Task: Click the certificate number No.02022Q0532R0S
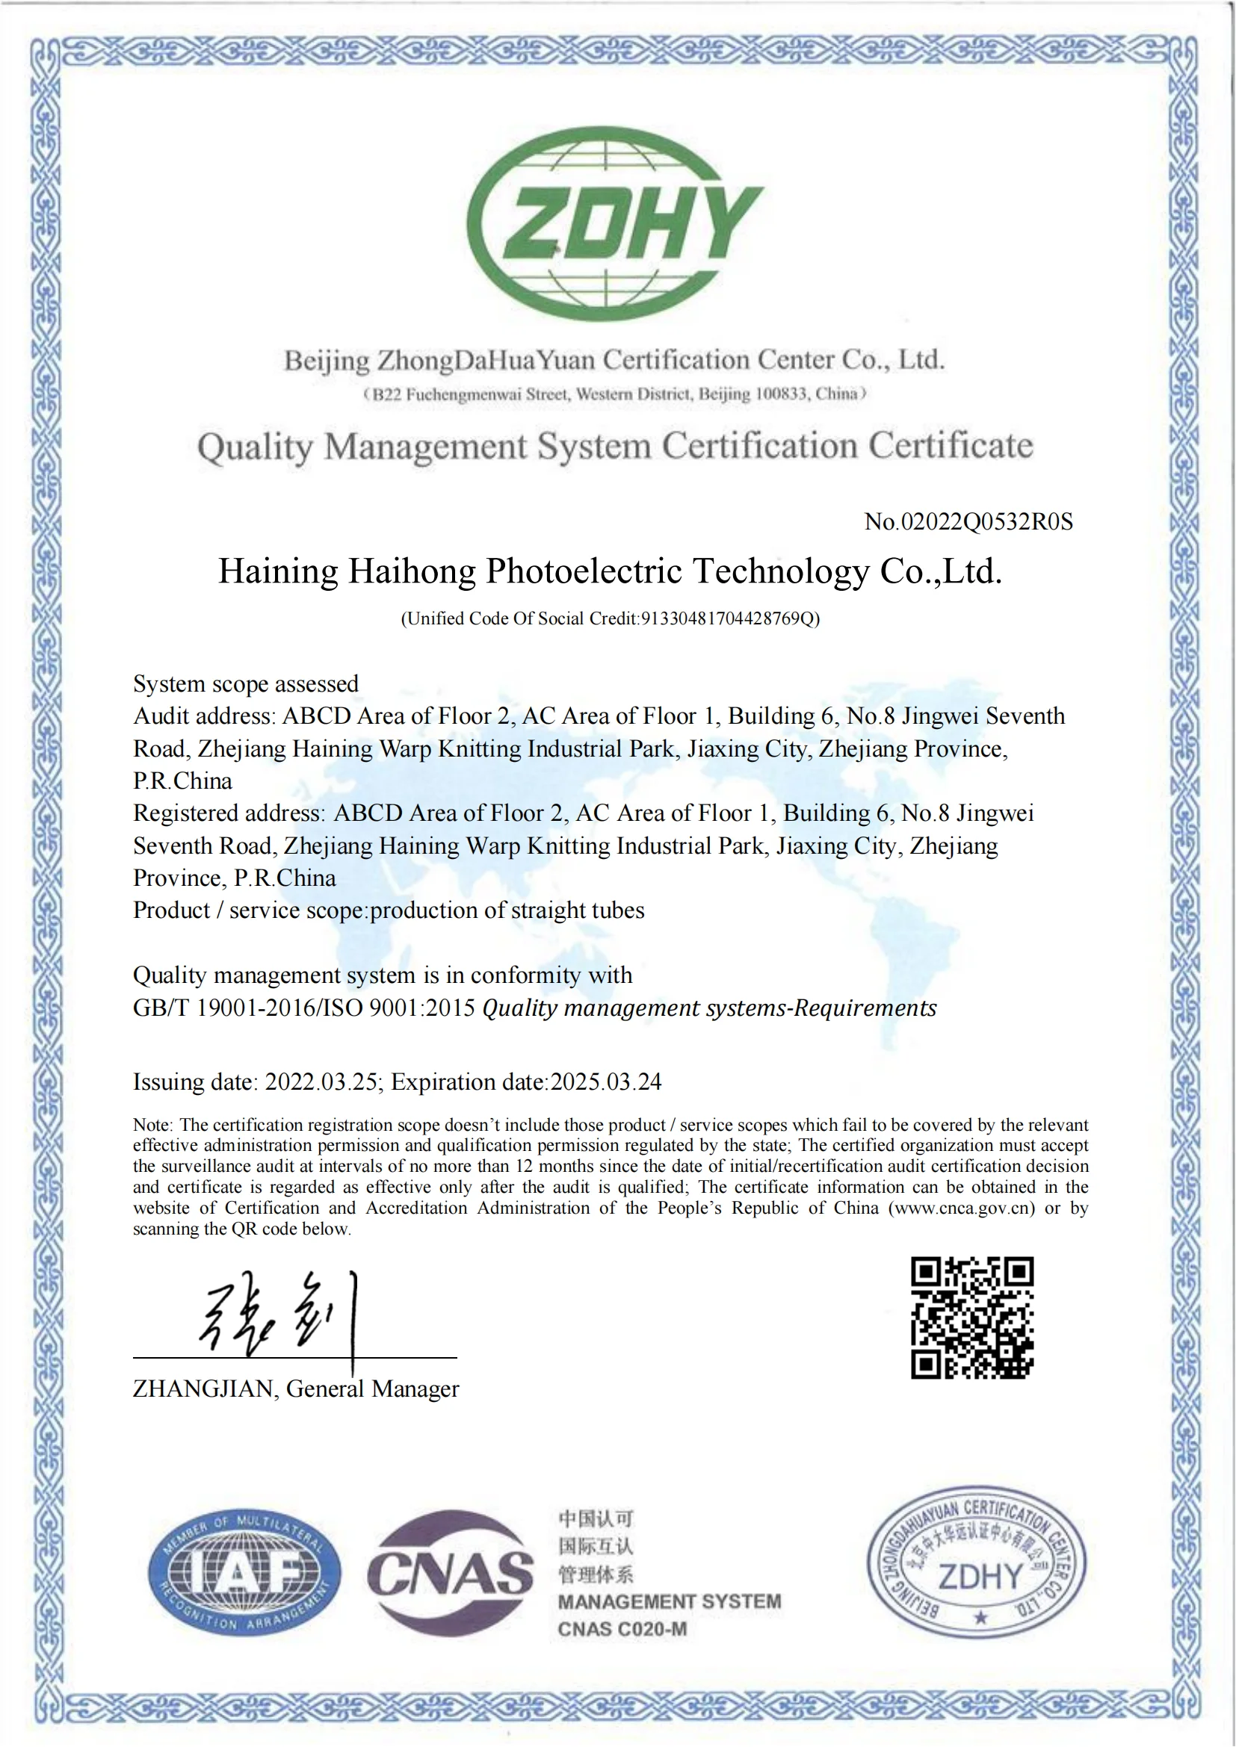(x=968, y=522)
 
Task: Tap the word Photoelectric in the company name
(x=584, y=571)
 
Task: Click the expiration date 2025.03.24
(x=606, y=1082)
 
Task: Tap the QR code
(x=972, y=1318)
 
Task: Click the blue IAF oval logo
(x=244, y=1572)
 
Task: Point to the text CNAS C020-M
(x=622, y=1629)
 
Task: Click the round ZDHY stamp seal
(x=977, y=1562)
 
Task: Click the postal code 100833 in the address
(x=781, y=394)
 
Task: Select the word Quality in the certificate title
(x=255, y=447)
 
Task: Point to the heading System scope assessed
(x=246, y=684)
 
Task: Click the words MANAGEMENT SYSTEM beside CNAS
(x=669, y=1601)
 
